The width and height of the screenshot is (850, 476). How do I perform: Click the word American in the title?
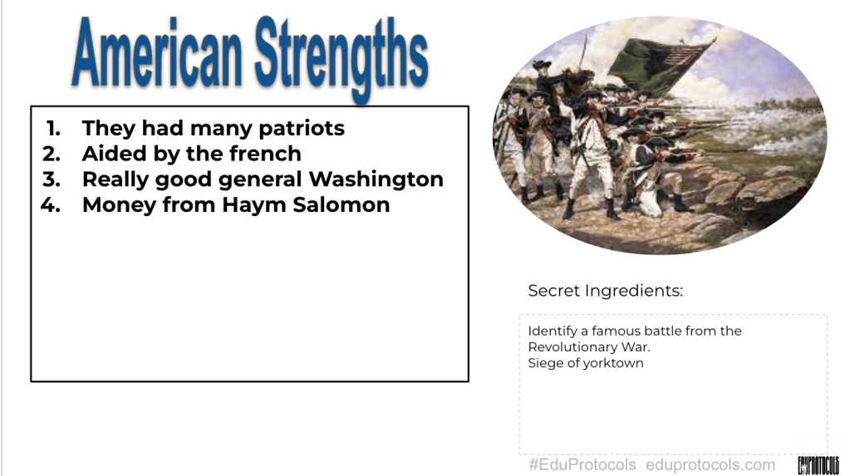tap(157, 53)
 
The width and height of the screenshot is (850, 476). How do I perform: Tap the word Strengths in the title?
tap(341, 58)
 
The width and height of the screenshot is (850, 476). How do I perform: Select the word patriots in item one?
tap(302, 129)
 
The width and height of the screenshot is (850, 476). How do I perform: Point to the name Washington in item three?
tap(376, 179)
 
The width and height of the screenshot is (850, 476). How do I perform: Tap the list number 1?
tap(53, 129)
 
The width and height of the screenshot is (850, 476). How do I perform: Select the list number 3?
tap(52, 179)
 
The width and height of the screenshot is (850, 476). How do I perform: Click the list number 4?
tap(51, 205)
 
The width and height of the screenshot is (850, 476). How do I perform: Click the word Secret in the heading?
tap(553, 291)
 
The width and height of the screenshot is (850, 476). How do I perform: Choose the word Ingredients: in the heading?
tap(634, 292)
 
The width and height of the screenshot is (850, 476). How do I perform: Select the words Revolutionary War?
tap(589, 347)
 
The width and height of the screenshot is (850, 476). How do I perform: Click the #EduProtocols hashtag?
tap(582, 464)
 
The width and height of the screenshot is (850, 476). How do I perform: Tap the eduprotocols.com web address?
tap(710, 464)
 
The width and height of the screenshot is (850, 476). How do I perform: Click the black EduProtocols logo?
tap(818, 465)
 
